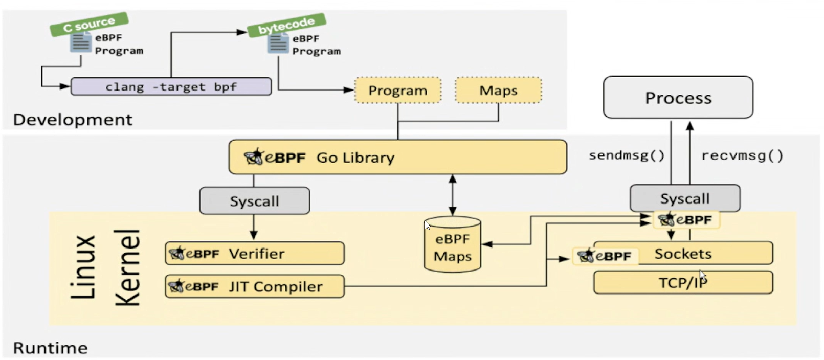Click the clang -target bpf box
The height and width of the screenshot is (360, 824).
coord(171,86)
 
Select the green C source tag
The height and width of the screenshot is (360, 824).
coord(89,24)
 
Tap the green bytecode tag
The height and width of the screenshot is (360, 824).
coord(286,25)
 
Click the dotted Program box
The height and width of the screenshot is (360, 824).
coord(397,91)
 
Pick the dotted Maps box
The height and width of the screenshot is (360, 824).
coord(498,91)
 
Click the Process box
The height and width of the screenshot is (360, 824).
coord(678,98)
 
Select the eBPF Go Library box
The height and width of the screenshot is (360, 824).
coord(397,157)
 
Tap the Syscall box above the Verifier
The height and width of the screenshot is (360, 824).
coord(254,201)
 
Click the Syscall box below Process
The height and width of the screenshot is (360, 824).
coord(684,198)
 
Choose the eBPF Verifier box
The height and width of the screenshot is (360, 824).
coord(254,254)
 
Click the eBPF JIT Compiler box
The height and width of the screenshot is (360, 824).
coord(254,286)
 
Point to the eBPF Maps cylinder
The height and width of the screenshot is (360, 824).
coord(452,247)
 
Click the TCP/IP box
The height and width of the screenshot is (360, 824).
coord(683,283)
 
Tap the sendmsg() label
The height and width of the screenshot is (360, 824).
coord(627,155)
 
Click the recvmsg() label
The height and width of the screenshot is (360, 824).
coord(742,155)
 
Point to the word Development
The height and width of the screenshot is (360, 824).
coord(73,120)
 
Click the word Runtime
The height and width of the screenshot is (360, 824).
coord(50,348)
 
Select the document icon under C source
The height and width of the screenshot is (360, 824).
coord(80,42)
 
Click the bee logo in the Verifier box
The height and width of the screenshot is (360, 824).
coord(176,253)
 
